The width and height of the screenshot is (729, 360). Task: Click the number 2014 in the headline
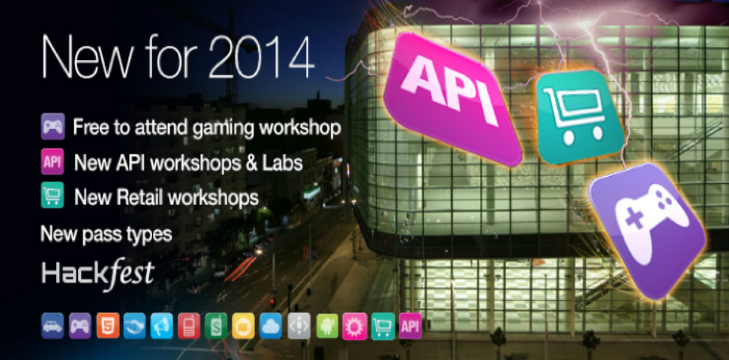(x=261, y=58)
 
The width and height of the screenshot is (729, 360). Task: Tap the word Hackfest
(x=98, y=274)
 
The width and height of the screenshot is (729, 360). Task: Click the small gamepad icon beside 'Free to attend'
(x=53, y=126)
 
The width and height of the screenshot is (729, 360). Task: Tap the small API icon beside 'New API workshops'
(x=52, y=162)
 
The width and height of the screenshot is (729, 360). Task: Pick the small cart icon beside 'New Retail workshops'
(x=52, y=195)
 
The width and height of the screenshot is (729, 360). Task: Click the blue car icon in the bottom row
(x=52, y=326)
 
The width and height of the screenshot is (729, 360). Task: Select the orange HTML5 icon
(x=108, y=326)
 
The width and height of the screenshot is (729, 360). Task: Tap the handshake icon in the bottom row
(x=135, y=326)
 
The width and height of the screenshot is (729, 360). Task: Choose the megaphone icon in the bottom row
(x=162, y=326)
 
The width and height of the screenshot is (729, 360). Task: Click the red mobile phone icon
(x=189, y=326)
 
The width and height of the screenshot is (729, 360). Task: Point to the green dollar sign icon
(x=216, y=326)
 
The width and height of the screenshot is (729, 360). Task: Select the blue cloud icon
(x=271, y=326)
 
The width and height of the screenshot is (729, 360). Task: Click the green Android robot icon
(x=327, y=326)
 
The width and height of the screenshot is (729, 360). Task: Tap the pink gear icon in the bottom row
(x=355, y=326)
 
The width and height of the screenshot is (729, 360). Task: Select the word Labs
(x=283, y=163)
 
